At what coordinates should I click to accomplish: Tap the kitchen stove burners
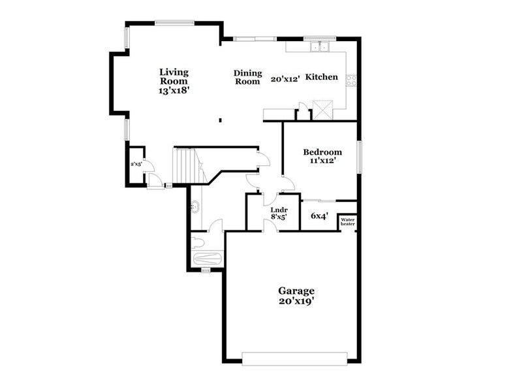(x=351, y=80)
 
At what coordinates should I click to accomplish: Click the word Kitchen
(x=322, y=77)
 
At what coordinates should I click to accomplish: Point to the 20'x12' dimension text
(x=285, y=78)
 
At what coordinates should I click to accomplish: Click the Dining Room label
(x=247, y=77)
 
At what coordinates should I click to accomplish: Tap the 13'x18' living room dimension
(x=174, y=92)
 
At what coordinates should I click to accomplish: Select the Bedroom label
(x=322, y=152)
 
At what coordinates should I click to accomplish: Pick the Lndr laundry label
(x=279, y=210)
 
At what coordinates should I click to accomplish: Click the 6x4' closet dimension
(x=319, y=215)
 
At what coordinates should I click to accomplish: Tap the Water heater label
(x=347, y=222)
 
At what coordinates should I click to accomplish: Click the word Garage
(x=296, y=291)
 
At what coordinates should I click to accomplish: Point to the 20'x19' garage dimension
(x=296, y=301)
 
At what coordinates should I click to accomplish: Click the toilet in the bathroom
(x=198, y=243)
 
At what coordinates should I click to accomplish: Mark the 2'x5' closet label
(x=136, y=165)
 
